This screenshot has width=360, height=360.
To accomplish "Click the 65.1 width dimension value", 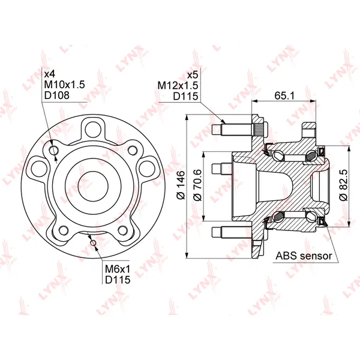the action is pyautogui.click(x=284, y=95).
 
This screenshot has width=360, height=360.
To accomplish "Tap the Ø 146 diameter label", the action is pyautogui.click(x=181, y=185).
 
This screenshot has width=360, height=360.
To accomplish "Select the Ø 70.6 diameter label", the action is pyautogui.click(x=197, y=185).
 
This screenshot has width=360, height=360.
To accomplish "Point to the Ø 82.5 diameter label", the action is pyautogui.click(x=344, y=185).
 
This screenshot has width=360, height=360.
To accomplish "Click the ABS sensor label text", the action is pyautogui.click(x=304, y=256).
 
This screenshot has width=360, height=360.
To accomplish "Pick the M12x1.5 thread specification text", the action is pyautogui.click(x=178, y=85).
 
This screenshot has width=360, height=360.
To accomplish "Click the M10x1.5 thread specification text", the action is pyautogui.click(x=65, y=85).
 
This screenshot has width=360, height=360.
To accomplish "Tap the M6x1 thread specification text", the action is pyautogui.click(x=118, y=269).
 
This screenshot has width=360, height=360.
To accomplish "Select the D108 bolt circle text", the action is pyautogui.click(x=57, y=95).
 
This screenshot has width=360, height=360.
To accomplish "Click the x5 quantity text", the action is pyautogui.click(x=193, y=75).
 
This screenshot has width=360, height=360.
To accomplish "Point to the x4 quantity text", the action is pyautogui.click(x=50, y=74).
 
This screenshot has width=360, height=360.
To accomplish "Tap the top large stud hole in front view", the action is pyautogui.click(x=93, y=130).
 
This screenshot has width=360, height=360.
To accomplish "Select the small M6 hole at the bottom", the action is pyautogui.click(x=93, y=242).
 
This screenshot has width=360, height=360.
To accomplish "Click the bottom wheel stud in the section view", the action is pyautogui.click(x=232, y=232).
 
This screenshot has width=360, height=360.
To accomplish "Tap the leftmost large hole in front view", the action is pyautogui.click(x=39, y=169).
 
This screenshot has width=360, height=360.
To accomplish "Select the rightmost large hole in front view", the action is pyautogui.click(x=147, y=169).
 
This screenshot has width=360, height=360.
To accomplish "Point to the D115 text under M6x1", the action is pyautogui.click(x=118, y=280).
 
